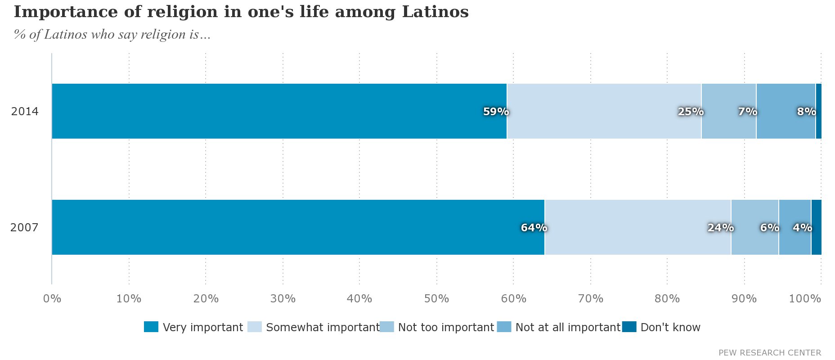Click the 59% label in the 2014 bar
click(496, 112)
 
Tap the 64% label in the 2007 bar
click(534, 228)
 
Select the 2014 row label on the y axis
click(25, 111)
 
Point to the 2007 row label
click(24, 227)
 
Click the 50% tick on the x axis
click(436, 298)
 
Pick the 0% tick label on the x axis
click(52, 298)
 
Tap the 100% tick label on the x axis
click(805, 298)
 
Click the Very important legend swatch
click(151, 327)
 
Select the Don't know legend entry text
click(670, 327)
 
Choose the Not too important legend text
click(446, 327)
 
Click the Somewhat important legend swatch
click(255, 327)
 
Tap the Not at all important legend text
click(568, 327)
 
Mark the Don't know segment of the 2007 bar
click(816, 227)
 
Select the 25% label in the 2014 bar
click(691, 112)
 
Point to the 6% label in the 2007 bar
click(770, 228)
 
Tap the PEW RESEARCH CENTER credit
click(770, 353)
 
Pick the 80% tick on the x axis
click(667, 298)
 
